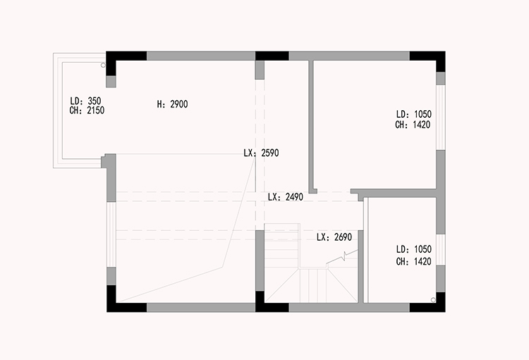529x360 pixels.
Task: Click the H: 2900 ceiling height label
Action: pos(172,104)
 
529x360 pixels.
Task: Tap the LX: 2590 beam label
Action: pos(261,153)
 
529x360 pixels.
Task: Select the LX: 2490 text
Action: pos(286,197)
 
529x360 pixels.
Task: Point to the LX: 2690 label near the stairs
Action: pos(334,237)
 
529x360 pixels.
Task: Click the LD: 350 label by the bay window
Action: pos(85,101)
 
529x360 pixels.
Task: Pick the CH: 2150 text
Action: pos(87,110)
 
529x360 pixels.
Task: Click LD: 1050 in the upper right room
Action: pos(413,114)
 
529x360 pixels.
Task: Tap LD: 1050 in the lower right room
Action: pos(413,249)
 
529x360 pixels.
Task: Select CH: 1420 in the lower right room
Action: pos(413,261)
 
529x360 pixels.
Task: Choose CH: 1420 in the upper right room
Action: pos(413,125)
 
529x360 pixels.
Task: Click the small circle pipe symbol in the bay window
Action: pos(104,65)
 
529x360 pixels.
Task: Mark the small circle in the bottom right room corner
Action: pos(434,299)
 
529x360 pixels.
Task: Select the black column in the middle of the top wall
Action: pos(272,56)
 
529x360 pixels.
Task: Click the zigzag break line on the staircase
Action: pos(342,258)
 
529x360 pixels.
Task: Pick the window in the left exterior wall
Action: pos(111,235)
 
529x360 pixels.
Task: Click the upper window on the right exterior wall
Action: pos(441,117)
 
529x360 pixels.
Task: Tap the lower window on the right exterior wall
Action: pos(441,250)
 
